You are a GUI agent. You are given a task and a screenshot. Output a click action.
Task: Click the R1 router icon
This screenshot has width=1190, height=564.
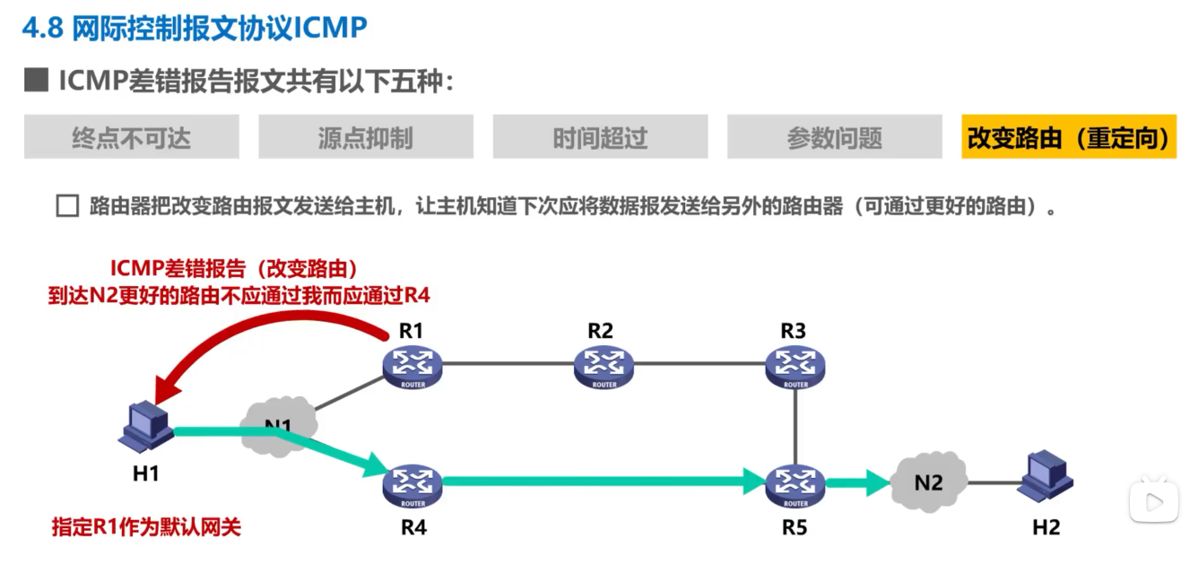click(x=413, y=366)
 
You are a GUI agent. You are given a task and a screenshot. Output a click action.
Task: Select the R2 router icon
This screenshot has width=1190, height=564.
click(x=603, y=366)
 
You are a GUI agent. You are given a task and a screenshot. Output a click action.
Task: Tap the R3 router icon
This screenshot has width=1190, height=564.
click(x=795, y=366)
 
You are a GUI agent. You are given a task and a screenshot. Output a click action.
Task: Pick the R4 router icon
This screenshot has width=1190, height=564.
click(x=413, y=485)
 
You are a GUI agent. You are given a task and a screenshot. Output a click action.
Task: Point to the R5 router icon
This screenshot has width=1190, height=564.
click(x=795, y=485)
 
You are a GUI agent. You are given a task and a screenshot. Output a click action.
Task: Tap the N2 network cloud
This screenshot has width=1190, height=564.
click(x=929, y=482)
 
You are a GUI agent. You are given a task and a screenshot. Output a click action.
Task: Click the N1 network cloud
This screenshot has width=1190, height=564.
click(x=278, y=424)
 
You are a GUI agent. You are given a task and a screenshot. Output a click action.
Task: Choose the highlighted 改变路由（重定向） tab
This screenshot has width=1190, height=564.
click(x=1068, y=137)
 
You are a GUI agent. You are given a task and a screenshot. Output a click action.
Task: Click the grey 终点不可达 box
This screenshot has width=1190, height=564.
click(x=131, y=137)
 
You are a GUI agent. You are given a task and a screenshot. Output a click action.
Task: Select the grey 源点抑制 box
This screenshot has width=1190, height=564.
click(x=365, y=137)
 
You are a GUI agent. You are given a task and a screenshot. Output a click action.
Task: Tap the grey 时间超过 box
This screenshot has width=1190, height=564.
click(x=600, y=137)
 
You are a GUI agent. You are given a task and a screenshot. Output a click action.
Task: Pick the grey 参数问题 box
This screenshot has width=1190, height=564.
click(x=834, y=137)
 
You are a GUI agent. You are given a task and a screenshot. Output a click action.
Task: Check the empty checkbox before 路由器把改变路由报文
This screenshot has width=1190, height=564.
click(x=67, y=206)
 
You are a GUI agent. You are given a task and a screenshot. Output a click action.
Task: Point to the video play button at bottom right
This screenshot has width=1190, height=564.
click(x=1152, y=498)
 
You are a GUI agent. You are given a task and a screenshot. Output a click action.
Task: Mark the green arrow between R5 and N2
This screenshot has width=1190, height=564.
click(x=857, y=485)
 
